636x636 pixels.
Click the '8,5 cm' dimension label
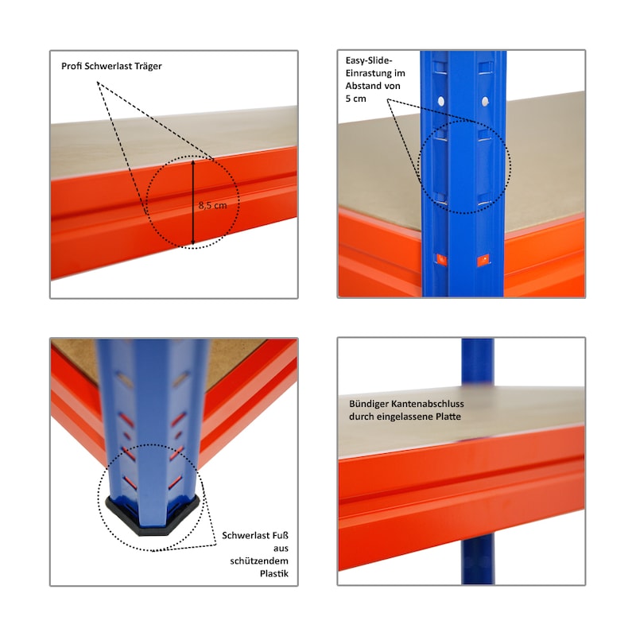(212, 205)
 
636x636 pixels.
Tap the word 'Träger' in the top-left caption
(147, 66)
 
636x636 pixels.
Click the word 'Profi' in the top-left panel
(72, 66)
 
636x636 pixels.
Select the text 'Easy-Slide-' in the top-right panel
(370, 60)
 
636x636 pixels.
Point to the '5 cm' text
(356, 98)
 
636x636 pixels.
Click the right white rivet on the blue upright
(484, 101)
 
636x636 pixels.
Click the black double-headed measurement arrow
(193, 202)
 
